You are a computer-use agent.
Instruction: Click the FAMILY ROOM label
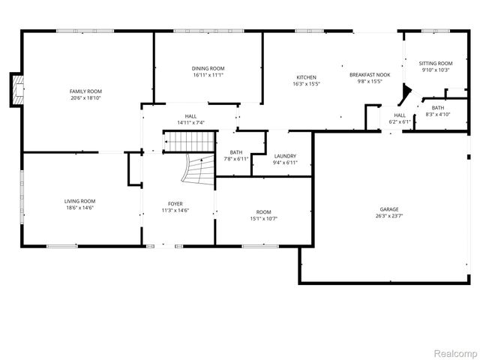(x=85, y=91)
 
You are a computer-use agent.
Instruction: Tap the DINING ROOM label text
(x=208, y=68)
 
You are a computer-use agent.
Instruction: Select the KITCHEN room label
(x=306, y=77)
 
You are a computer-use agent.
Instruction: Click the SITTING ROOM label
(x=435, y=64)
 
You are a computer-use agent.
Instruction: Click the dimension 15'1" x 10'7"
(x=263, y=219)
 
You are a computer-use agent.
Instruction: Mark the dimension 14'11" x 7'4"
(x=190, y=122)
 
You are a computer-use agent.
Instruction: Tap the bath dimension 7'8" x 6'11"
(x=235, y=159)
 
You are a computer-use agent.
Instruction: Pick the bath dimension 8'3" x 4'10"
(x=437, y=114)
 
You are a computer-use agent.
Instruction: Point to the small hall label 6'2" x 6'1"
(x=399, y=121)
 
